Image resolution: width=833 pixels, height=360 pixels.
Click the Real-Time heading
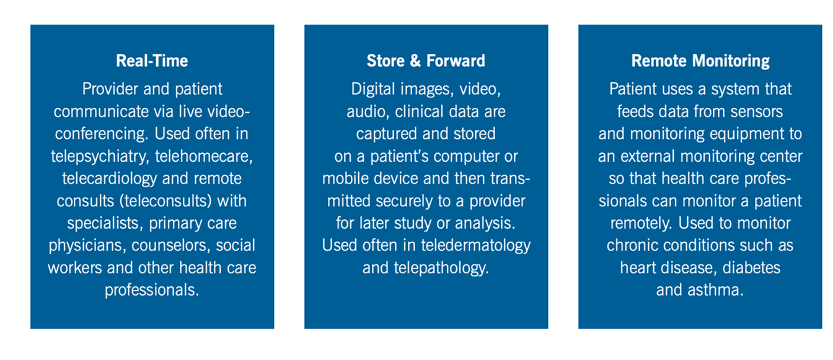pos(152,61)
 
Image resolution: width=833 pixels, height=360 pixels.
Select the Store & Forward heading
pos(426,61)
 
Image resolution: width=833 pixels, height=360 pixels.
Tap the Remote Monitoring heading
pos(700,61)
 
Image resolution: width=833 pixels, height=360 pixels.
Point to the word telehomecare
pos(204,156)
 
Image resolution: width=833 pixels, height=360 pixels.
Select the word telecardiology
pos(110,179)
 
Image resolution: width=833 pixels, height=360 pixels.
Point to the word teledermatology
pos(476,246)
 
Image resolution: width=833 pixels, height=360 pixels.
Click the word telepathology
pos(441,268)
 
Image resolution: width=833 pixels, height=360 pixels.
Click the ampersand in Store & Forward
pos(415,61)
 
